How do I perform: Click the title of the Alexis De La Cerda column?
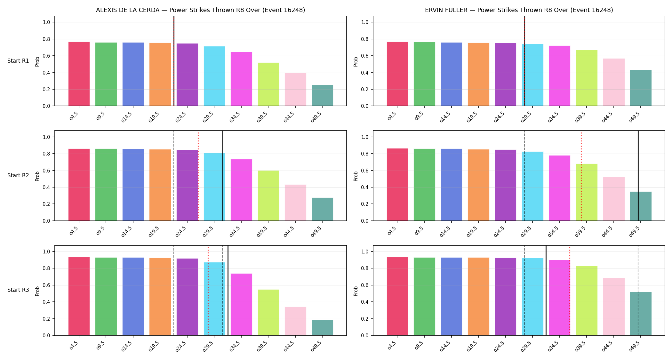click(200, 10)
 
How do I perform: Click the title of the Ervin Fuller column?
click(519, 10)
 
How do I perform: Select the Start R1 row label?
click(18, 61)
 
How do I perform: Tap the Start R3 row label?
click(18, 290)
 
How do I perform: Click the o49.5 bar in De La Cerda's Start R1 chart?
click(322, 95)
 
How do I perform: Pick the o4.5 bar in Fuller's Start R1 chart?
click(397, 74)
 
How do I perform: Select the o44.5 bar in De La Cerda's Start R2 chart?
click(295, 203)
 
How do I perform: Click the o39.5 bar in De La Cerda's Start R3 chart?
click(268, 312)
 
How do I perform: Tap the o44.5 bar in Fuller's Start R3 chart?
click(614, 307)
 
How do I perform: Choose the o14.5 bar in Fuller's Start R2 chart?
click(451, 185)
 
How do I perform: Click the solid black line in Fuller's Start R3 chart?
click(546, 290)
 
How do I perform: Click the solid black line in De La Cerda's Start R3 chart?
click(228, 290)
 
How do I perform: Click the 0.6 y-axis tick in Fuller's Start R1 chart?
click(365, 56)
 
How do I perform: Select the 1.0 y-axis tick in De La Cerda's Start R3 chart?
click(46, 252)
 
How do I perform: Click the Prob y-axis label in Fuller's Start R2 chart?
click(356, 176)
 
